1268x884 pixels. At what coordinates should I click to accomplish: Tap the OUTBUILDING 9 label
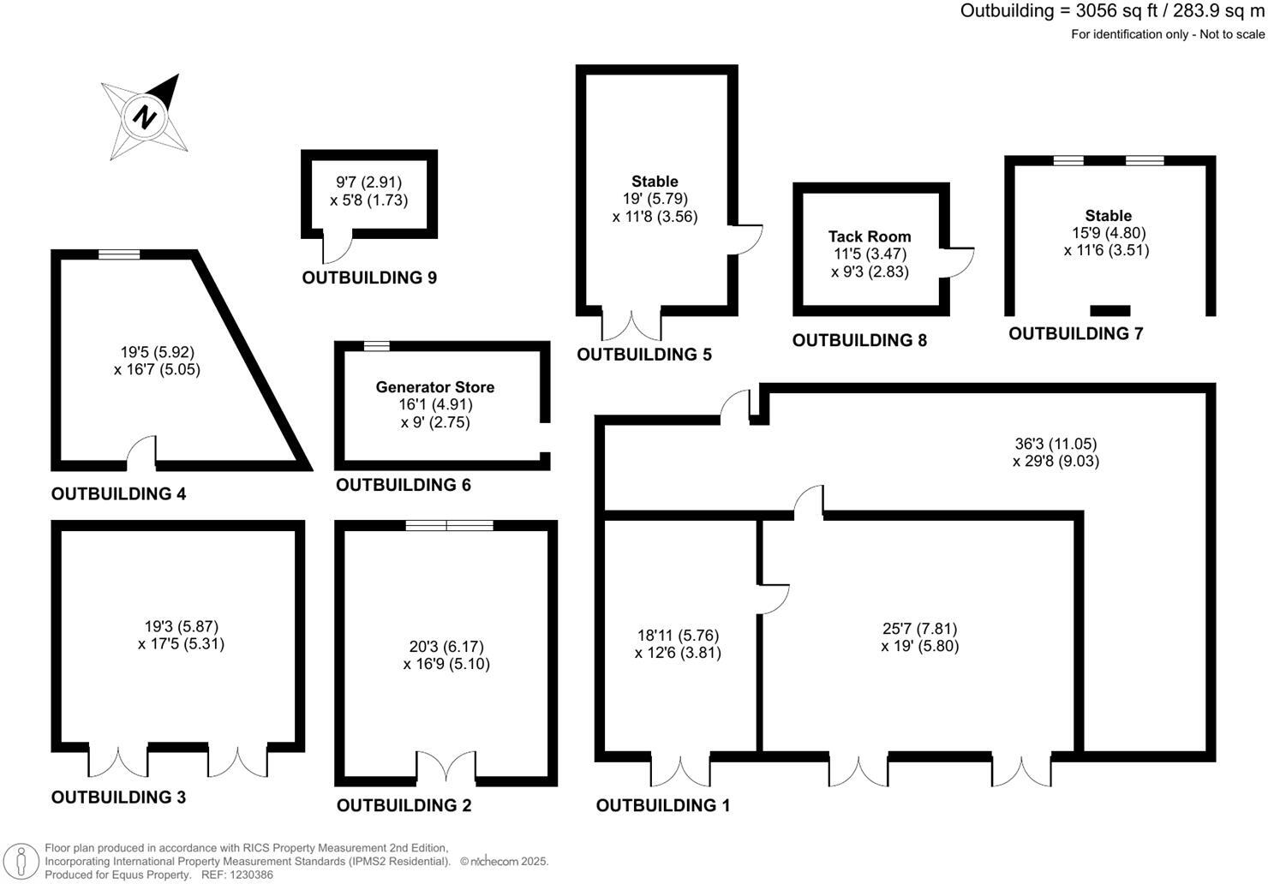(x=369, y=278)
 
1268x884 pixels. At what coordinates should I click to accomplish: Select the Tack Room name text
(x=870, y=236)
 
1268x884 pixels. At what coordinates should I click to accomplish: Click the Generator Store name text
(x=435, y=387)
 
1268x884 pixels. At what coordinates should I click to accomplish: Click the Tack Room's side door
(x=959, y=262)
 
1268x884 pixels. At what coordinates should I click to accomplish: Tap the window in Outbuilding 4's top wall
(x=118, y=254)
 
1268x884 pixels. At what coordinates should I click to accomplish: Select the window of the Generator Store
(x=376, y=346)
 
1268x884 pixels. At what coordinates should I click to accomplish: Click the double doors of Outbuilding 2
(x=446, y=768)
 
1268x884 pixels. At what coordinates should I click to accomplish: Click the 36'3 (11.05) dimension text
(x=1056, y=444)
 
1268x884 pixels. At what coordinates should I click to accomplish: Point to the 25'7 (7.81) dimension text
(x=920, y=629)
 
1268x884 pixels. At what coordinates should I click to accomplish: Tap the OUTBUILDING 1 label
(x=663, y=805)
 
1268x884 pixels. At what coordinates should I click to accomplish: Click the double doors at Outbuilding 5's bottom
(x=631, y=325)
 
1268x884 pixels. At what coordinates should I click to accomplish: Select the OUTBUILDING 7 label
(x=1075, y=333)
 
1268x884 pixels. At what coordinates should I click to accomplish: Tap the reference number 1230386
(x=249, y=875)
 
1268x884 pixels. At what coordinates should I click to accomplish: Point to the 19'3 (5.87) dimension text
(x=182, y=626)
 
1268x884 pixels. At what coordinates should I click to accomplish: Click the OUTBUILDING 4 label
(x=118, y=493)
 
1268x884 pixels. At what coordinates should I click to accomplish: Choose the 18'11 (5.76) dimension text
(x=678, y=636)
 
